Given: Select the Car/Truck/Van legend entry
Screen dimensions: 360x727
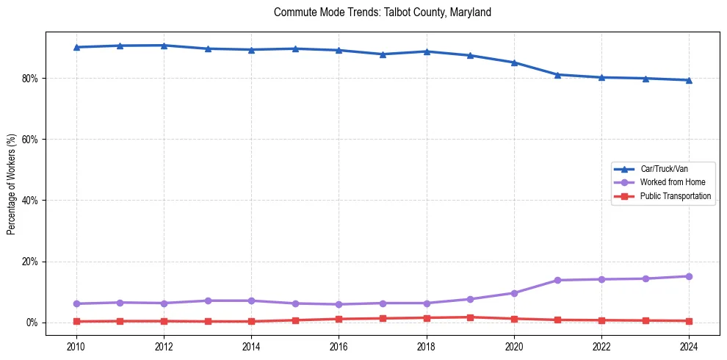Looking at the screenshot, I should point(664,169).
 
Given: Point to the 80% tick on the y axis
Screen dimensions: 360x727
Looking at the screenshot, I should point(30,78).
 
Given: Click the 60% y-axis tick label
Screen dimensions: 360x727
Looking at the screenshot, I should point(30,140).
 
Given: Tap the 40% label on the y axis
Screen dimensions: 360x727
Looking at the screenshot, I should point(30,201).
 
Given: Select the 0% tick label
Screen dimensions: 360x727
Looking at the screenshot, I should point(32,323).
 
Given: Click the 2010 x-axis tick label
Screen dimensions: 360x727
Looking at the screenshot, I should point(76,345).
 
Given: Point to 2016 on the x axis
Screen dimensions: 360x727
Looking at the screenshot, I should point(339,345).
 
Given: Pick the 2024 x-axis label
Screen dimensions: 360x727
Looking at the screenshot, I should point(689,345).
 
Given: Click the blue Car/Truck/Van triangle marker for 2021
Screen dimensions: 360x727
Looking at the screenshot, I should point(558,74).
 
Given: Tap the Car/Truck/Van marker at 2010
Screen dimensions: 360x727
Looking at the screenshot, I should point(76,47).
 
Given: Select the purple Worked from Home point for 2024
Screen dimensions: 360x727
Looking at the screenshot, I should point(689,276).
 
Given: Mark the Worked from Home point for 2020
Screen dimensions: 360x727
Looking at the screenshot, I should point(514,293).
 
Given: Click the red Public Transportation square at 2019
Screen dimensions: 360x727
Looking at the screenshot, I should point(470,317).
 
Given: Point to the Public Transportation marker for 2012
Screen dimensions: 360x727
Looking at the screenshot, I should point(164,321).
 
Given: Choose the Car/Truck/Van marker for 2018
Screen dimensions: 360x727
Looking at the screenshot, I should point(427,51).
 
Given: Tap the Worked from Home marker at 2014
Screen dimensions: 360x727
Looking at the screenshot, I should point(251,300).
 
